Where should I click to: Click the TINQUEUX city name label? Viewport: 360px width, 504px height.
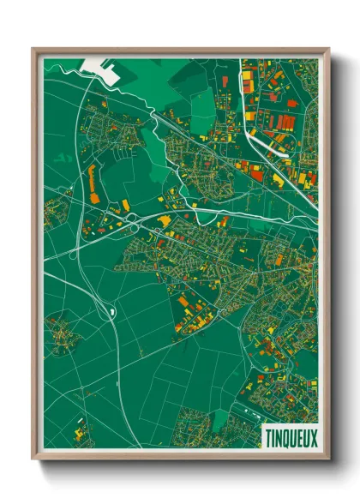289,437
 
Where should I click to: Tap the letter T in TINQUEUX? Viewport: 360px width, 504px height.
265,437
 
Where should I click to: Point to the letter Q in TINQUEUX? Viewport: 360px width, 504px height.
284,437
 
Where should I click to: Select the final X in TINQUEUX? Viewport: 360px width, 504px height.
313,437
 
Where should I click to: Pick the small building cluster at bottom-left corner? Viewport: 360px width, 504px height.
81,434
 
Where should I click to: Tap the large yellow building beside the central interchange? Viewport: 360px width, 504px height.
164,222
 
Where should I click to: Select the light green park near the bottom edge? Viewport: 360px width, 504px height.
220,419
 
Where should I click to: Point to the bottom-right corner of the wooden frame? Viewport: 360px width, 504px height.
328,459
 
